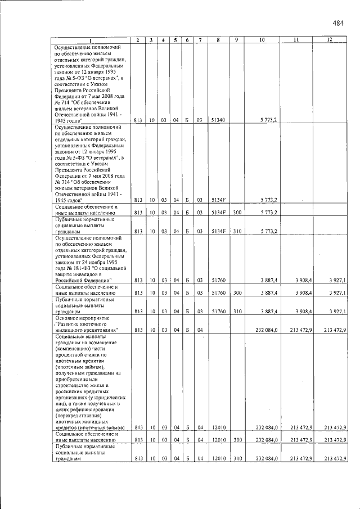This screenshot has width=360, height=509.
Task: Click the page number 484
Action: (337, 23)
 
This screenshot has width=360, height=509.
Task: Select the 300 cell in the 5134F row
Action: (237, 213)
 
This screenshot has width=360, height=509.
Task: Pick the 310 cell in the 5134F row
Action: (237, 231)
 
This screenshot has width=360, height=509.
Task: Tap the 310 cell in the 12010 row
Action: (237, 458)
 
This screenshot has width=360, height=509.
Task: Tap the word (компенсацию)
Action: (73, 348)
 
